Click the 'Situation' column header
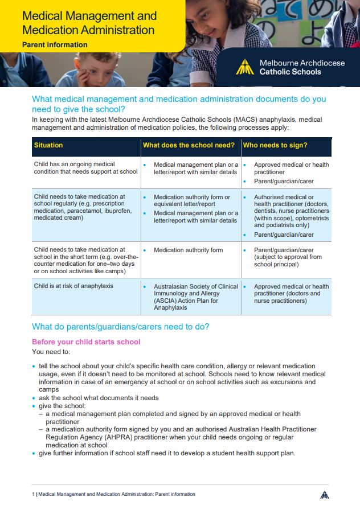click(48, 146)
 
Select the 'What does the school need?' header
click(189, 146)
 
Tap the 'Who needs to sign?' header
click(275, 146)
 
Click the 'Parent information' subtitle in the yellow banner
click(55, 45)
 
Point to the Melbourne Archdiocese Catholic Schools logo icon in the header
click(245, 67)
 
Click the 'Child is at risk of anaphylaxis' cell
click(73, 286)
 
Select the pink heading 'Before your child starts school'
click(86, 342)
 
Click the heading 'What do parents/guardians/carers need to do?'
click(121, 327)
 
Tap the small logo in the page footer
click(324, 494)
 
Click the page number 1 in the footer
click(34, 494)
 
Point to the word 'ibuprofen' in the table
click(117, 211)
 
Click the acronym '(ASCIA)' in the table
click(165, 301)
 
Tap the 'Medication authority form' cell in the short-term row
click(188, 250)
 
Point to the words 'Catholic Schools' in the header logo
click(290, 72)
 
